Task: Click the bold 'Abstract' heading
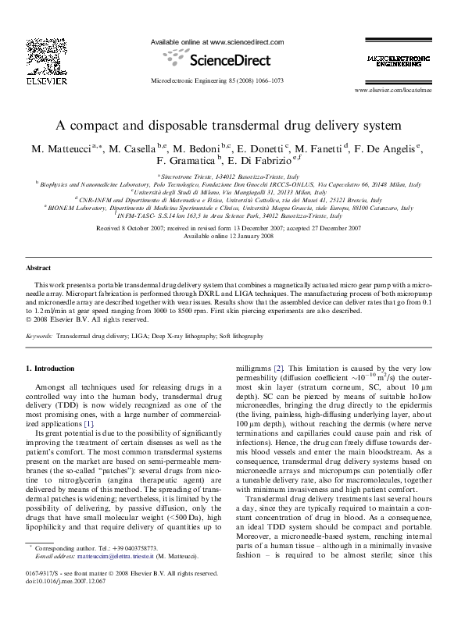pos(39,267)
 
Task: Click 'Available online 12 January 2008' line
pos(232,236)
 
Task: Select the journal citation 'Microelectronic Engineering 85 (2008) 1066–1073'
pos(216,80)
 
